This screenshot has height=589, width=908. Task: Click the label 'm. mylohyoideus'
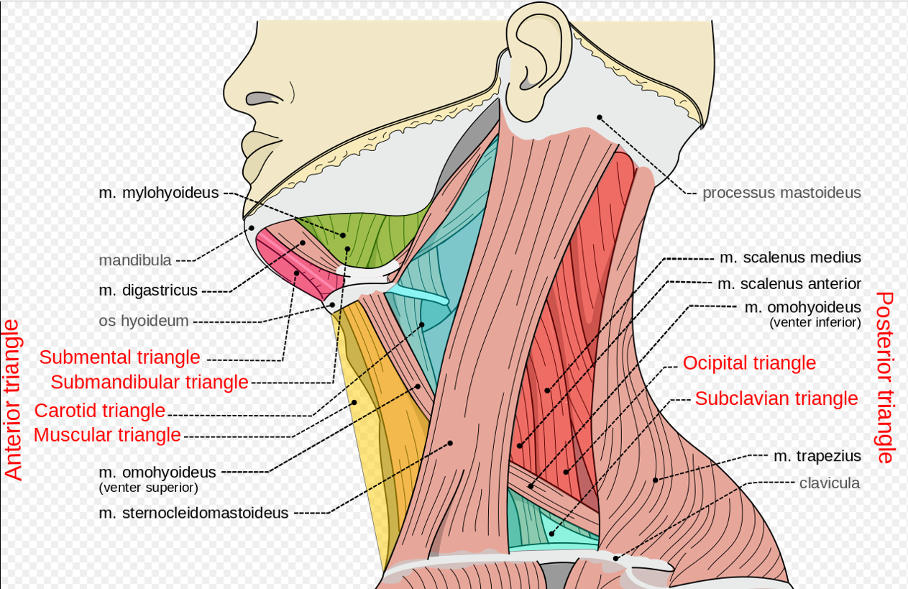(159, 193)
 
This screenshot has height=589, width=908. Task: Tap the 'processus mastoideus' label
(781, 193)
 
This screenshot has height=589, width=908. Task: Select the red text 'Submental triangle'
(119, 357)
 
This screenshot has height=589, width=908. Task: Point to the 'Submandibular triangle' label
(149, 382)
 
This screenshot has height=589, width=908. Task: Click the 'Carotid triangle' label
(100, 411)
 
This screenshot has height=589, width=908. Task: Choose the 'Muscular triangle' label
(107, 435)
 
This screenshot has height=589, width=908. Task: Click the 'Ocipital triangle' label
(749, 363)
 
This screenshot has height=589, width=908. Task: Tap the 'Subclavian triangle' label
(776, 398)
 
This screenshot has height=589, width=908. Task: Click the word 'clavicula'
(830, 483)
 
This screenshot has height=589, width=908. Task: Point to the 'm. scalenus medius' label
(790, 257)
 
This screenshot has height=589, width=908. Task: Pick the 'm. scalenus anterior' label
(789, 284)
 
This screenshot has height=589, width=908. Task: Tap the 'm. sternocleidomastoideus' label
(194, 513)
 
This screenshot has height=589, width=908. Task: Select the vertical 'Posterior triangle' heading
(886, 378)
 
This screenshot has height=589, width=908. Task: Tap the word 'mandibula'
(135, 260)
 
